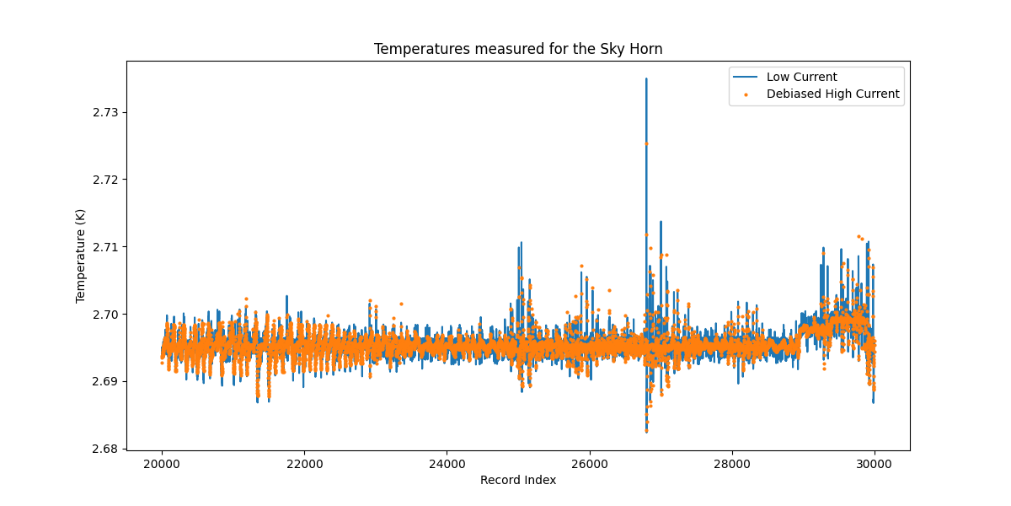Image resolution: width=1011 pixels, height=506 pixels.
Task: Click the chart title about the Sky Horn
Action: pyautogui.click(x=518, y=49)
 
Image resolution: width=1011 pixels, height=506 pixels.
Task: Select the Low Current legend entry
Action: pyautogui.click(x=801, y=78)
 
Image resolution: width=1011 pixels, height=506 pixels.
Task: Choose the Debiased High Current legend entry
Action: pyautogui.click(x=832, y=94)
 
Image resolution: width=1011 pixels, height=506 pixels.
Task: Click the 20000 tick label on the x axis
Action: pyautogui.click(x=162, y=463)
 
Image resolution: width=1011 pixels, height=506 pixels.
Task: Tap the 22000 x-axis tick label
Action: pyautogui.click(x=304, y=463)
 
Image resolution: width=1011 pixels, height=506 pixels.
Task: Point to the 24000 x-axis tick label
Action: pyautogui.click(x=447, y=463)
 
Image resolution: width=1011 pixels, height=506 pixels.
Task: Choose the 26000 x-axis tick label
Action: pyautogui.click(x=589, y=463)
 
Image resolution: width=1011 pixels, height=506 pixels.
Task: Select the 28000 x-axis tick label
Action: pyautogui.click(x=731, y=463)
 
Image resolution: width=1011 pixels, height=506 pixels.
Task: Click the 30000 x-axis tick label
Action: pyautogui.click(x=874, y=463)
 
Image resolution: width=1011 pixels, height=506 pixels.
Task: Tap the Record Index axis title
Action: pyautogui.click(x=518, y=480)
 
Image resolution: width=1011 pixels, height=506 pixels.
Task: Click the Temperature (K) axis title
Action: pyautogui.click(x=81, y=256)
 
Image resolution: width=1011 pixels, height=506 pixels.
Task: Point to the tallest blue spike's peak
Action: pyautogui.click(x=646, y=78)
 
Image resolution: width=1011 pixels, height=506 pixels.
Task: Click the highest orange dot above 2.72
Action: pyautogui.click(x=646, y=143)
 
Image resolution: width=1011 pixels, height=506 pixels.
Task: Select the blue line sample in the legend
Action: pyautogui.click(x=746, y=78)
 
